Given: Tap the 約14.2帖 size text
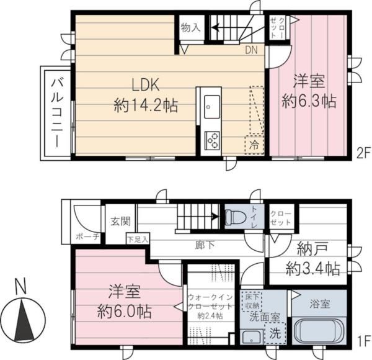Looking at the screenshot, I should pos(146,106).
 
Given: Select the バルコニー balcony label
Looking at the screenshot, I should pos(55,112).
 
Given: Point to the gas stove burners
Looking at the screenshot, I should pos(212,140).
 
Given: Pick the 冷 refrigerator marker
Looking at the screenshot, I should pos(254,145).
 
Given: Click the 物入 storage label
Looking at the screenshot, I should pos(190,27).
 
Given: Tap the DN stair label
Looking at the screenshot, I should pos(251,50).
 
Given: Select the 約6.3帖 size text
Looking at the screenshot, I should pos(309,100).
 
